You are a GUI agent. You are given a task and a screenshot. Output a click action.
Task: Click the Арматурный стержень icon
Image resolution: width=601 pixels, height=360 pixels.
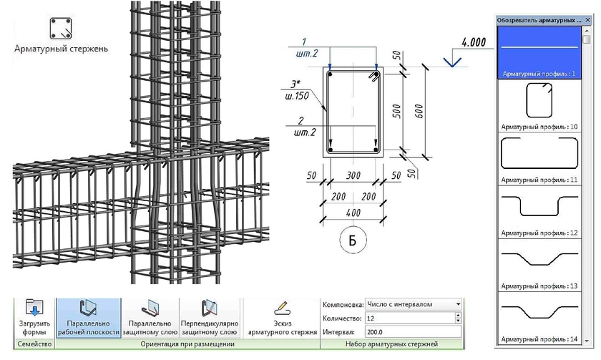coord(61,29)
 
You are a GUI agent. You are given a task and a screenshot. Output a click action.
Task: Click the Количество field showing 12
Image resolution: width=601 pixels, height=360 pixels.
coord(409,318)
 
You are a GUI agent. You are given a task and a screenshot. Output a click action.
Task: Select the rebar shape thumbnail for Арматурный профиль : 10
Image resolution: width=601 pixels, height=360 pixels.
coord(539,100)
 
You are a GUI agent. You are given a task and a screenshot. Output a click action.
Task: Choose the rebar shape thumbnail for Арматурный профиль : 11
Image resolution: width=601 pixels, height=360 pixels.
coord(539,154)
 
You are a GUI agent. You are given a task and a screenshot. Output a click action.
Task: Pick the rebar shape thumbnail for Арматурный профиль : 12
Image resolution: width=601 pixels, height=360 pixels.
coord(539,206)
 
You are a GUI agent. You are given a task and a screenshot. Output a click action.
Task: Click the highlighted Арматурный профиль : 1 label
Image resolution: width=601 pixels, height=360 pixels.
coord(539,74)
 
